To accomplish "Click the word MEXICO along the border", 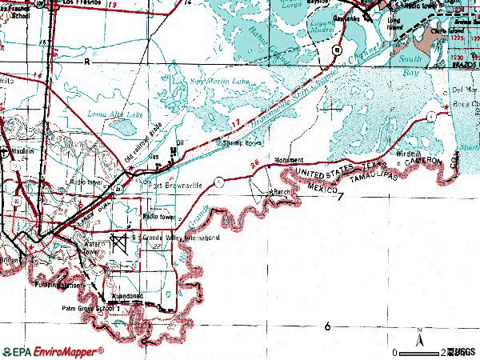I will (x=319, y=186).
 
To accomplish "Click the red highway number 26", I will (x=254, y=166).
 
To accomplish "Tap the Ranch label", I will (x=281, y=193).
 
